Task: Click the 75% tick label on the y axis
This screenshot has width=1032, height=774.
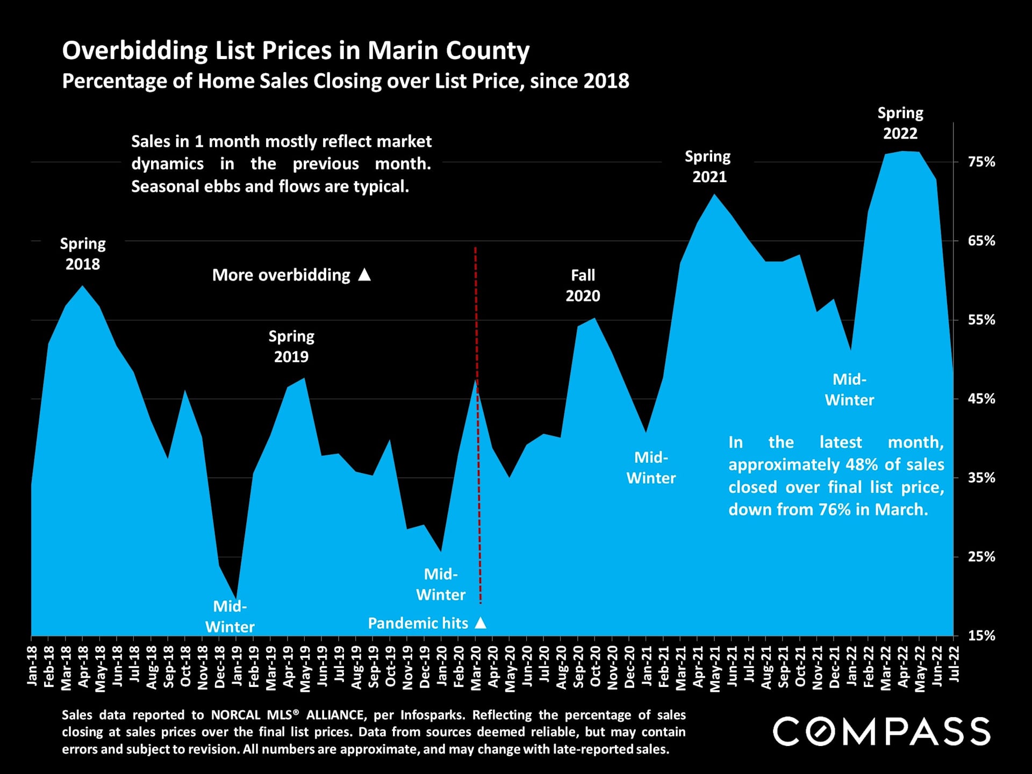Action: click(x=981, y=162)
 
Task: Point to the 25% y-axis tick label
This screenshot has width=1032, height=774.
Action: click(x=981, y=557)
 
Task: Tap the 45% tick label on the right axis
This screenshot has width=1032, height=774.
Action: click(x=981, y=399)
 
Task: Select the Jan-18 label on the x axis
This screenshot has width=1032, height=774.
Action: click(x=32, y=666)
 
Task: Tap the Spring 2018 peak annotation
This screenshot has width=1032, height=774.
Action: click(x=83, y=254)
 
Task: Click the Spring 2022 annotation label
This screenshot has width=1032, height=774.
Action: click(x=900, y=123)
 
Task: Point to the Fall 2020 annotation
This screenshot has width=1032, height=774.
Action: click(x=583, y=285)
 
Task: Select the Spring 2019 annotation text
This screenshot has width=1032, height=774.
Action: click(x=291, y=346)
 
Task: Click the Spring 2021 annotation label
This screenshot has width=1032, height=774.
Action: click(x=708, y=167)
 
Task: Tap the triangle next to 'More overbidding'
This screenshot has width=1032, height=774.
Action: click(x=364, y=275)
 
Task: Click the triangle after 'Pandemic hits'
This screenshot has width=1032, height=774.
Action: click(x=481, y=623)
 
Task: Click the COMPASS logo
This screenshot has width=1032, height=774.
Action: click(x=881, y=732)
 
